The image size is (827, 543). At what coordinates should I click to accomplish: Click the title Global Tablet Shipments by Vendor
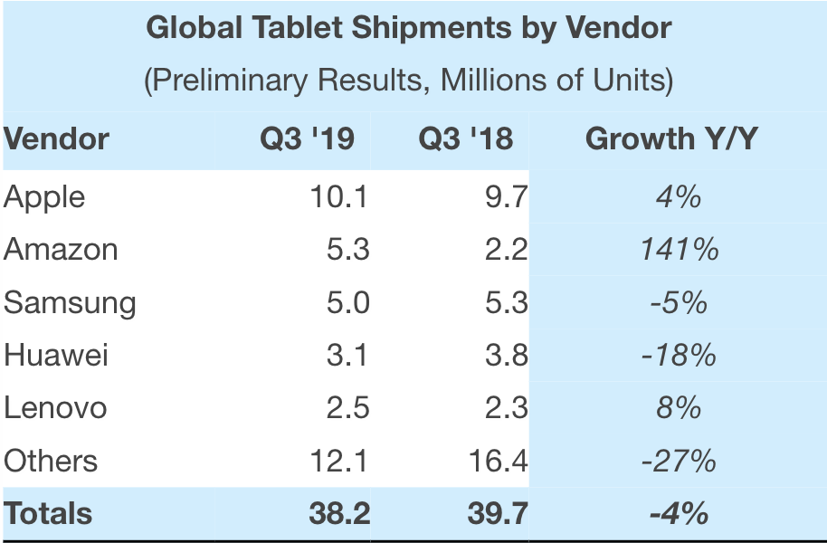point(408,28)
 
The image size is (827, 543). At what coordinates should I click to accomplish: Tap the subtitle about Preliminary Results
point(408,81)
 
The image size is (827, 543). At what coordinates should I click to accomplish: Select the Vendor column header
point(56,139)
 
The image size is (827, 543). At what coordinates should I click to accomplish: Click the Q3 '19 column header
point(307,139)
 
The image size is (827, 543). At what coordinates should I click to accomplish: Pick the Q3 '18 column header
point(465,139)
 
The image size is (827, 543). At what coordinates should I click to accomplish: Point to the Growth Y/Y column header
point(671,139)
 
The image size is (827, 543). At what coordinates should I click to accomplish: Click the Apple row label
point(44,196)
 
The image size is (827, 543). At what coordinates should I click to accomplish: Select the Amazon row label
point(61,249)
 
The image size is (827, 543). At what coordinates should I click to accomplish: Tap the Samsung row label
point(70,302)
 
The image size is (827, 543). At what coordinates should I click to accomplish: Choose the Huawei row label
point(56,355)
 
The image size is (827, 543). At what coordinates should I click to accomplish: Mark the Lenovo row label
point(55,407)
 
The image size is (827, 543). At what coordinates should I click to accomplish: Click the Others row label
point(51,461)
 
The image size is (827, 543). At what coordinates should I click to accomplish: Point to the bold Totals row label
point(48,513)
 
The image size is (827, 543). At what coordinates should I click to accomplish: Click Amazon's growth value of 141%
point(679,249)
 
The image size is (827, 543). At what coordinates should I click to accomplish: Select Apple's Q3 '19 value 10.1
point(337,196)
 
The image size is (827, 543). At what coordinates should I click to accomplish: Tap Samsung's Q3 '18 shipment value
point(506,302)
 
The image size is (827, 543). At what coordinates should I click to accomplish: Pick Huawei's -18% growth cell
point(679,355)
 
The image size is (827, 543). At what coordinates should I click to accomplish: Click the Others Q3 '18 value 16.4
point(498,461)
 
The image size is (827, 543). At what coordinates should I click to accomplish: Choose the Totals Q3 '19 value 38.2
point(337,513)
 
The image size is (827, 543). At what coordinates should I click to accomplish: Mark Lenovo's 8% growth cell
point(679,407)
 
